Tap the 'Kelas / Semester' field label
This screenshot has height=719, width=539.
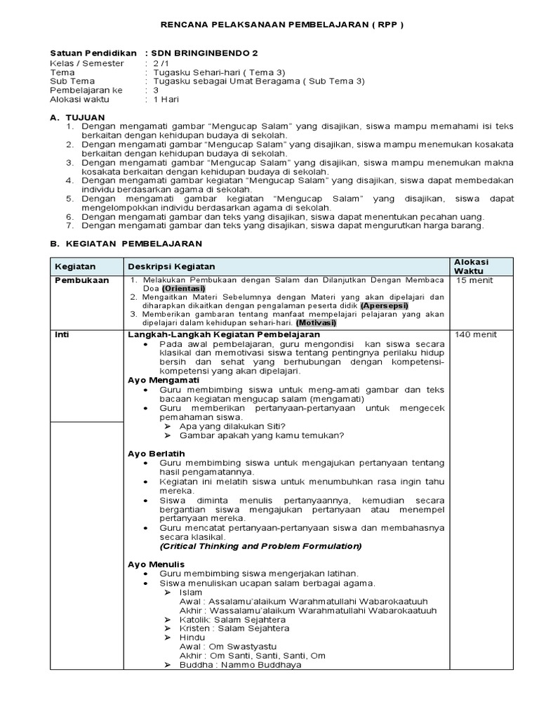point(87,63)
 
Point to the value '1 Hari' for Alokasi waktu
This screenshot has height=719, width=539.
point(168,99)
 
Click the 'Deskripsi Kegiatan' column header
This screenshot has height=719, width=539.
point(171,267)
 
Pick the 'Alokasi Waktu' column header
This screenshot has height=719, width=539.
point(473,266)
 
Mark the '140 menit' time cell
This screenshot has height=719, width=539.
point(475,335)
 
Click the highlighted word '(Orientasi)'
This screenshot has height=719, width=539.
point(183,289)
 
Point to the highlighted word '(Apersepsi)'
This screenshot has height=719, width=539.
point(385,306)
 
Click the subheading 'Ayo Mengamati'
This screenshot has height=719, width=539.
point(164,380)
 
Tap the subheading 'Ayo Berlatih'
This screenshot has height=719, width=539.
point(156,454)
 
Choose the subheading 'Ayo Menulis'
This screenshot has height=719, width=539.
point(156,564)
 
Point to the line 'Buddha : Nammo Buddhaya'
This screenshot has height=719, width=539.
point(241,664)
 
